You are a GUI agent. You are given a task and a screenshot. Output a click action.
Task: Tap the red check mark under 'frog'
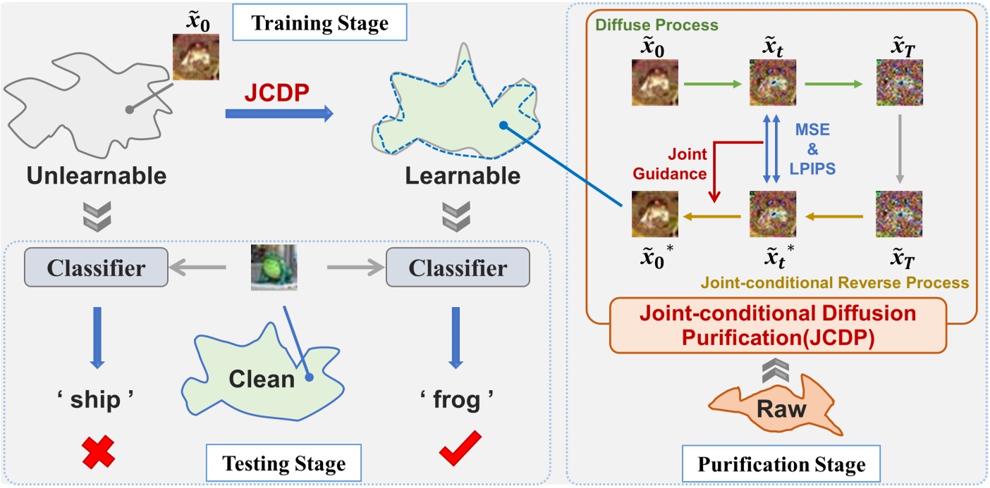[x=453, y=449]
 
